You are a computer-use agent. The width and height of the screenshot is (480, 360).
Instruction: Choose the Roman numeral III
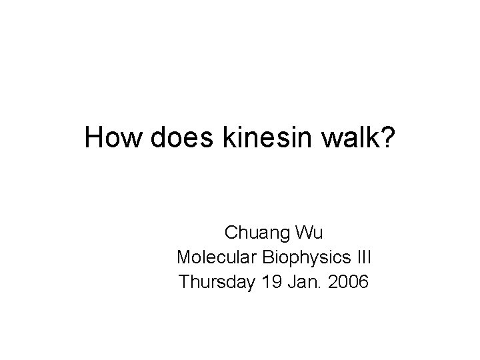coord(363,257)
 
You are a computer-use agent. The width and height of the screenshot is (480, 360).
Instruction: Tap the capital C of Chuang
coord(231,233)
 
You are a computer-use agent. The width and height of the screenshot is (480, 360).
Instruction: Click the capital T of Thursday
coord(184,282)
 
